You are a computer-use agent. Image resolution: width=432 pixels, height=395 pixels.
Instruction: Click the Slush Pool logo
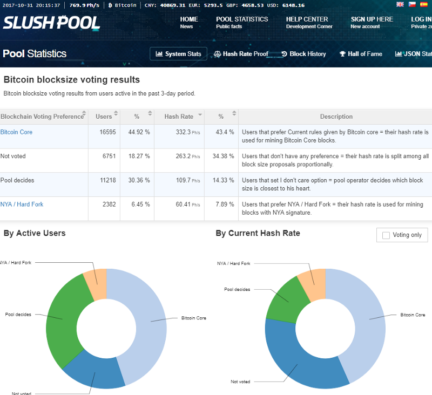pyautogui.click(x=51, y=23)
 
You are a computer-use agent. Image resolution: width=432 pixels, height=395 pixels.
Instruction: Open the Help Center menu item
pyautogui.click(x=307, y=19)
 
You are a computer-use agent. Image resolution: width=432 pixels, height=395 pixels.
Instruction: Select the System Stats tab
pyautogui.click(x=178, y=54)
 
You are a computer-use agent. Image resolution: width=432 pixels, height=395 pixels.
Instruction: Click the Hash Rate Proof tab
pyautogui.click(x=241, y=54)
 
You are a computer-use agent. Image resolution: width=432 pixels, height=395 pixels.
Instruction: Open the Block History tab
pyautogui.click(x=303, y=54)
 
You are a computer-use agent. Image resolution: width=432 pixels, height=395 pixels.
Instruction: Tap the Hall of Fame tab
pyautogui.click(x=361, y=54)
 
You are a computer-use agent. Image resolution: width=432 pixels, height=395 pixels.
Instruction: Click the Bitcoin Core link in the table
pyautogui.click(x=16, y=132)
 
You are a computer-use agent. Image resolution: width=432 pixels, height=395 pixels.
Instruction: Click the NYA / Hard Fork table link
pyautogui.click(x=22, y=205)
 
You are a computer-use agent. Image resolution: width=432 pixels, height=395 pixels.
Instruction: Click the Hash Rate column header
pyautogui.click(x=179, y=117)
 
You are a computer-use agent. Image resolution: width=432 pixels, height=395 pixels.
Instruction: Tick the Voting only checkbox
pyautogui.click(x=386, y=235)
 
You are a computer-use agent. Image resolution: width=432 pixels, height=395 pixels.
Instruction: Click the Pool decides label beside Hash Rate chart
pyautogui.click(x=237, y=289)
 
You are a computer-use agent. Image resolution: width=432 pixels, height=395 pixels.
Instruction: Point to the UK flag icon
pyautogui.click(x=400, y=4)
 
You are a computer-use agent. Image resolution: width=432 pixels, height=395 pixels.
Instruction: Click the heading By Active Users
pyautogui.click(x=35, y=233)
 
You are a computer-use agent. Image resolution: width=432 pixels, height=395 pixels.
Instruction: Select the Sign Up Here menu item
pyautogui.click(x=372, y=19)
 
